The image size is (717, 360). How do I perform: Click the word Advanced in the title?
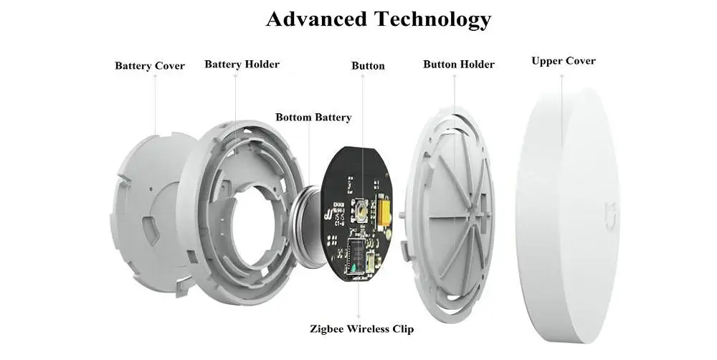(316, 19)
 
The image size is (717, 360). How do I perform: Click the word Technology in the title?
(432, 20)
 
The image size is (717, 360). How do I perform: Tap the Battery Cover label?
(150, 66)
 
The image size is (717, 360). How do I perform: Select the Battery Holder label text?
(242, 64)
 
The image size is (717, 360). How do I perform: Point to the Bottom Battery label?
(313, 118)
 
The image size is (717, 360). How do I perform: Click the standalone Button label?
(368, 66)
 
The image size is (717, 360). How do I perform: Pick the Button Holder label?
(459, 65)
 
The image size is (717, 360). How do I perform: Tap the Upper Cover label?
(564, 61)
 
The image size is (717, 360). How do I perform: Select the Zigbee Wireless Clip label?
(361, 329)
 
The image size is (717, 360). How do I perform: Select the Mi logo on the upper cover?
(610, 214)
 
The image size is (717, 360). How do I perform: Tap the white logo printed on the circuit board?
(328, 214)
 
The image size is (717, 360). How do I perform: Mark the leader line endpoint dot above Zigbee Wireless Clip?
(358, 316)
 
